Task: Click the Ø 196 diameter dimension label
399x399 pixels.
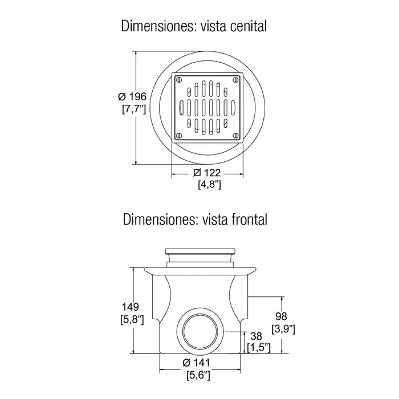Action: click(x=132, y=97)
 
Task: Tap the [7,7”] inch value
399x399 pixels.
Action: click(x=134, y=109)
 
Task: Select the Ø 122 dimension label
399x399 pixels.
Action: click(x=207, y=173)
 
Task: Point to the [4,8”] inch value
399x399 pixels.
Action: click(x=209, y=184)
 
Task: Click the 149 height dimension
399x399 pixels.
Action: click(x=130, y=307)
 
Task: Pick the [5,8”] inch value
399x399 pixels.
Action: click(x=132, y=319)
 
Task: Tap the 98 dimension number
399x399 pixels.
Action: click(x=281, y=316)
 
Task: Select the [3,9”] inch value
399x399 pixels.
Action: click(x=283, y=329)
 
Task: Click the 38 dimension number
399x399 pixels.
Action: click(x=256, y=336)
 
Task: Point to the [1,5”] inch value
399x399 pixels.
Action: click(x=259, y=348)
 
